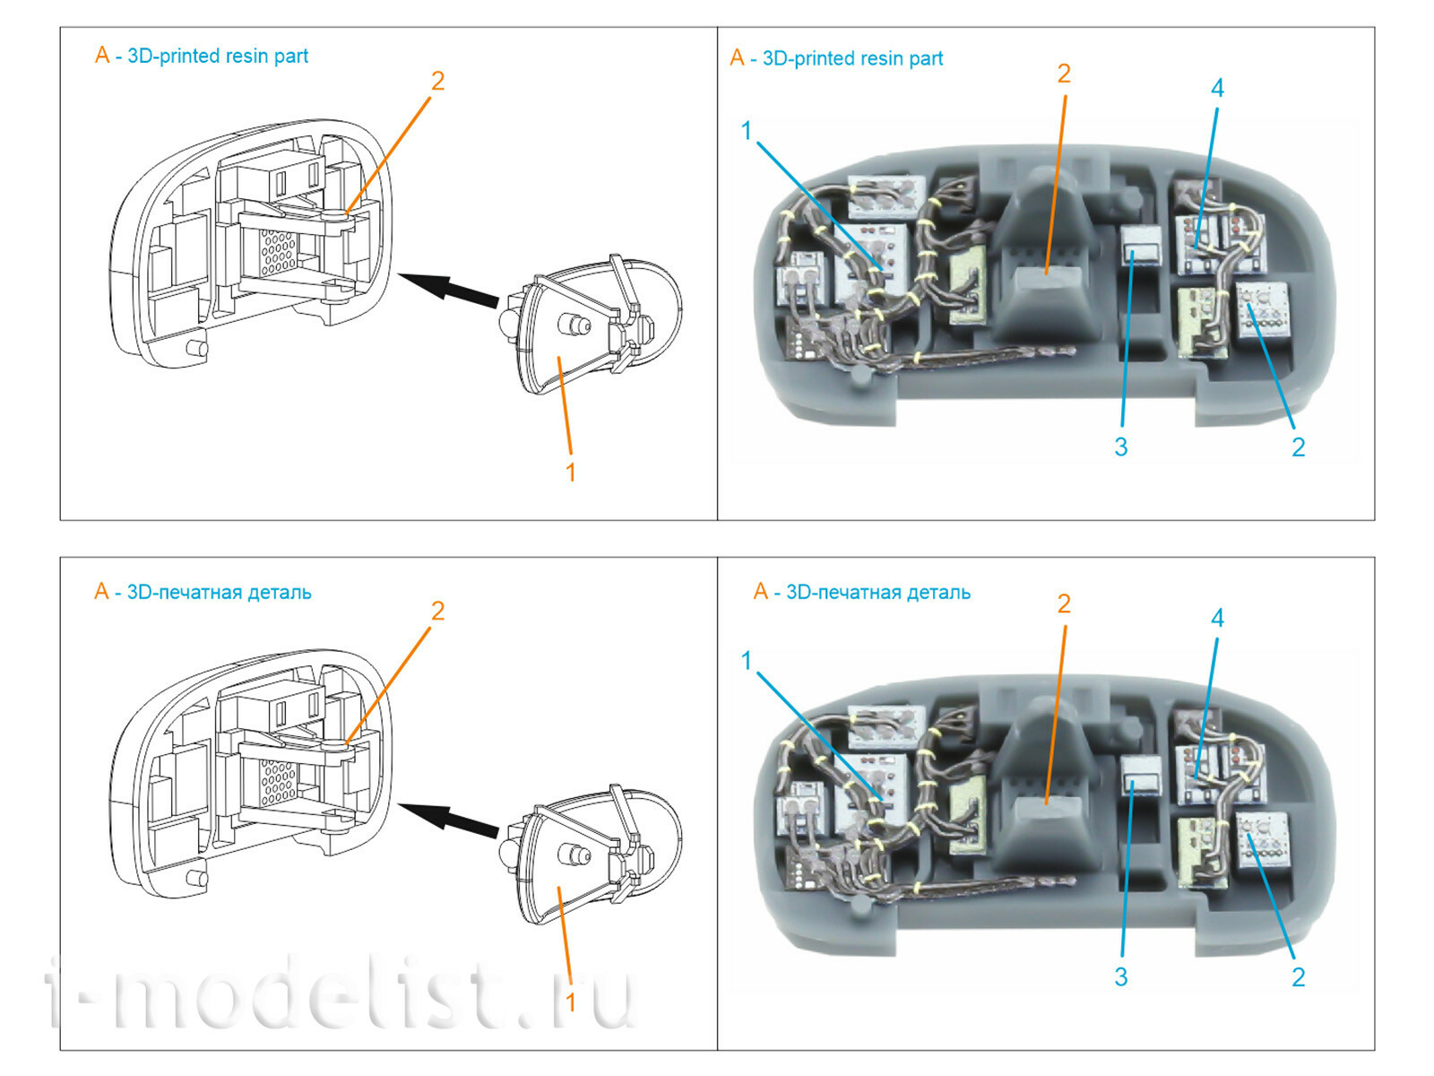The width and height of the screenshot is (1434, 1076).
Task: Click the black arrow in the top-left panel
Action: (447, 289)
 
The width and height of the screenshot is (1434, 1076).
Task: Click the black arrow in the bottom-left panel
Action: (447, 819)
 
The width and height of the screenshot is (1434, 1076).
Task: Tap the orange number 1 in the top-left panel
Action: (570, 472)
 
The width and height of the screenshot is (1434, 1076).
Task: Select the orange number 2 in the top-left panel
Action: (437, 81)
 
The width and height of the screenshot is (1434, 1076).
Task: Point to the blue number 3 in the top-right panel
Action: (1120, 447)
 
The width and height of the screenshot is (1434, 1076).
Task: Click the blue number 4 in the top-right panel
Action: (1216, 88)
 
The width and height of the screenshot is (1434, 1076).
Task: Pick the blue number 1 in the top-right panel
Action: (746, 131)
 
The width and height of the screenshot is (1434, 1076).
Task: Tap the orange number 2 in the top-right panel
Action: (1064, 74)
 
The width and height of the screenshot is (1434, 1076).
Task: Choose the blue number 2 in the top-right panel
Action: (1298, 447)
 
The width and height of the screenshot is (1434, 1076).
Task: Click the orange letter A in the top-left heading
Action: (102, 56)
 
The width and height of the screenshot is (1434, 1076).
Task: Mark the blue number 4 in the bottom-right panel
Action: (1216, 618)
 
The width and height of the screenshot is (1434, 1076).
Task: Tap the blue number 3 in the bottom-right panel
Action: (1120, 976)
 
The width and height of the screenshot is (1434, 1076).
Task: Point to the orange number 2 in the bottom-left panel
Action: (437, 611)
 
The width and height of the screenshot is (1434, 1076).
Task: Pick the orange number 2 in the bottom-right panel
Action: (1064, 603)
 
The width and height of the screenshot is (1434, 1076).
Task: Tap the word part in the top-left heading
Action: (291, 56)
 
